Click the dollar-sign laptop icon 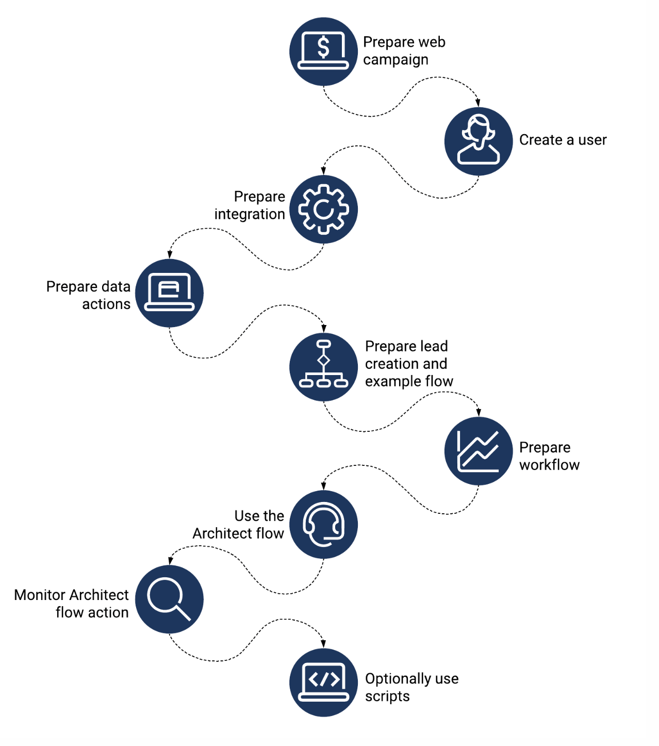tap(323, 52)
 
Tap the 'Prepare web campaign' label tap(404, 51)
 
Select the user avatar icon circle tap(478, 141)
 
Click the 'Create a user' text tap(563, 140)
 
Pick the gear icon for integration tap(323, 209)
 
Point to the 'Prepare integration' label tap(250, 205)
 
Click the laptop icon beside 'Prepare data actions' tap(169, 293)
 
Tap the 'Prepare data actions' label tap(89, 295)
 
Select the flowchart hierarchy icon tap(323, 367)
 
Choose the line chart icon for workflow tap(478, 451)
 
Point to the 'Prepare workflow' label tap(549, 456)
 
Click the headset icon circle tap(323, 524)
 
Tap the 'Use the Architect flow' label tap(239, 524)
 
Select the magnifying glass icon tap(169, 599)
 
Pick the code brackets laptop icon tap(323, 682)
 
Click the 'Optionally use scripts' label tap(411, 687)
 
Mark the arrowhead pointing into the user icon tap(478, 103)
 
